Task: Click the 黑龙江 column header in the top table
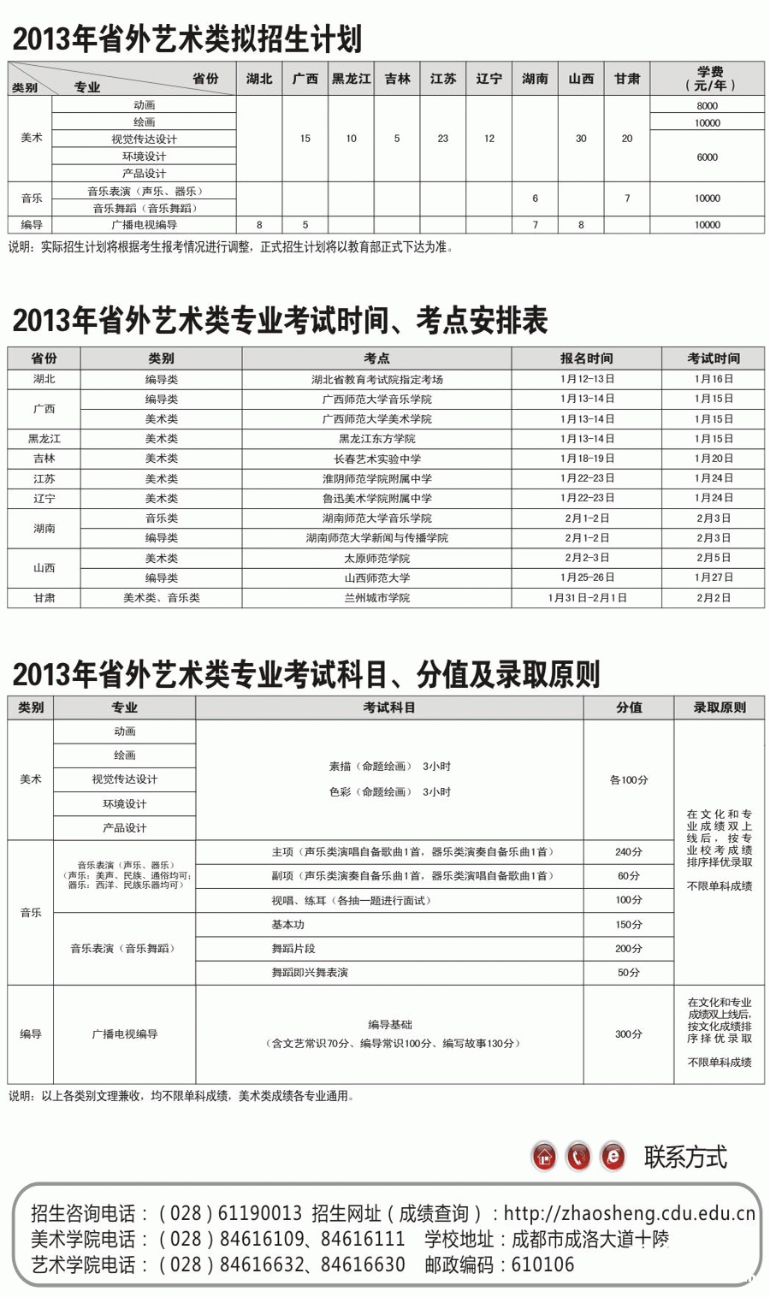click(351, 79)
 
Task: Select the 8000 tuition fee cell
click(707, 105)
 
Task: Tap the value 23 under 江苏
click(442, 139)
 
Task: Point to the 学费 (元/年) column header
click(708, 79)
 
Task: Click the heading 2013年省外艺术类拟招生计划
click(187, 39)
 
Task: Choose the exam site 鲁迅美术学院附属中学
click(376, 498)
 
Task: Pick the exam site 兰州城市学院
click(376, 598)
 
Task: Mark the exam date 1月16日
click(713, 379)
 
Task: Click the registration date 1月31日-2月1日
click(587, 598)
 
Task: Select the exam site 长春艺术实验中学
click(376, 459)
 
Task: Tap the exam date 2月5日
click(713, 558)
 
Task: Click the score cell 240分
click(628, 852)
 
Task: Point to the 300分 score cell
click(628, 1034)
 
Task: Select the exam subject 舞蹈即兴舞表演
click(310, 973)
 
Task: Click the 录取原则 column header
click(719, 708)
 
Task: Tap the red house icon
click(544, 1157)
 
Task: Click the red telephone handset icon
click(578, 1157)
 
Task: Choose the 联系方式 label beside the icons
click(685, 1158)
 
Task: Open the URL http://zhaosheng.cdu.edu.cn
click(629, 1213)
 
